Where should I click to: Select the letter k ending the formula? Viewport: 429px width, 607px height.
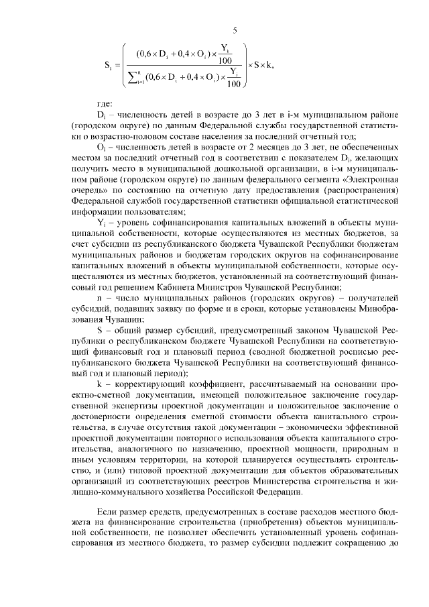270,64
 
